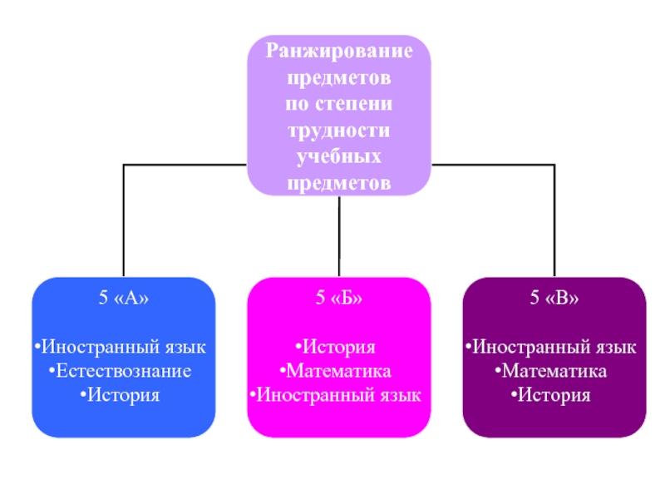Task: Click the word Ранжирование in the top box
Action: (339, 52)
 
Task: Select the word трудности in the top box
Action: (339, 131)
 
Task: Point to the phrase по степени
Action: (339, 104)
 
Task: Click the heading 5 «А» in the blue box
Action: (124, 298)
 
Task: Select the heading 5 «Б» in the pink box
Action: (339, 298)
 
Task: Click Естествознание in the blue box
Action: (124, 371)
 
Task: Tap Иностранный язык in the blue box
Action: (124, 347)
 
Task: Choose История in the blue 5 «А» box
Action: (124, 395)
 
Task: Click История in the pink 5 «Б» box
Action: (339, 347)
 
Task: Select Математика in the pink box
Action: (339, 371)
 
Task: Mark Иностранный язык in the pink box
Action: (339, 395)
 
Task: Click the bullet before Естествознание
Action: (52, 371)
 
